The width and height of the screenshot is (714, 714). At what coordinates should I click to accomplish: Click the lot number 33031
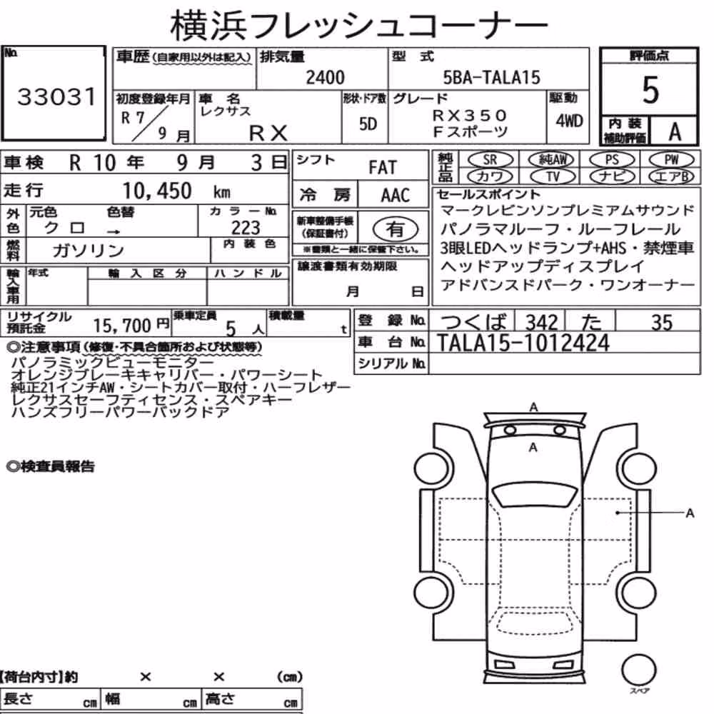pyautogui.click(x=56, y=96)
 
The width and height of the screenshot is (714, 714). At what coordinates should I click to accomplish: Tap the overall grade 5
pyautogui.click(x=650, y=90)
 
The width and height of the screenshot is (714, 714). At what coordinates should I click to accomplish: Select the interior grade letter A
pyautogui.click(x=675, y=131)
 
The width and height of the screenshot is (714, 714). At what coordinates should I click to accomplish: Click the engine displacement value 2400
pyautogui.click(x=325, y=77)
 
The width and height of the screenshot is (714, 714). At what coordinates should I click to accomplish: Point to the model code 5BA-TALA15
pyautogui.click(x=491, y=77)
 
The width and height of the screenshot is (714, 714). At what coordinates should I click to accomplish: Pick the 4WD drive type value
pyautogui.click(x=569, y=121)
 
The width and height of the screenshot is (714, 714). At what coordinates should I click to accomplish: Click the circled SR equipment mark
pyautogui.click(x=490, y=159)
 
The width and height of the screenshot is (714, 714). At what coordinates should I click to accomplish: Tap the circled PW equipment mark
pyautogui.click(x=671, y=159)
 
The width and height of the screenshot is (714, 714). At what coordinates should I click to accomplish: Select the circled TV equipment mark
pyautogui.click(x=553, y=176)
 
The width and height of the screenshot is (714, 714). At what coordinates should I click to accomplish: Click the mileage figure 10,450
pyautogui.click(x=157, y=191)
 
